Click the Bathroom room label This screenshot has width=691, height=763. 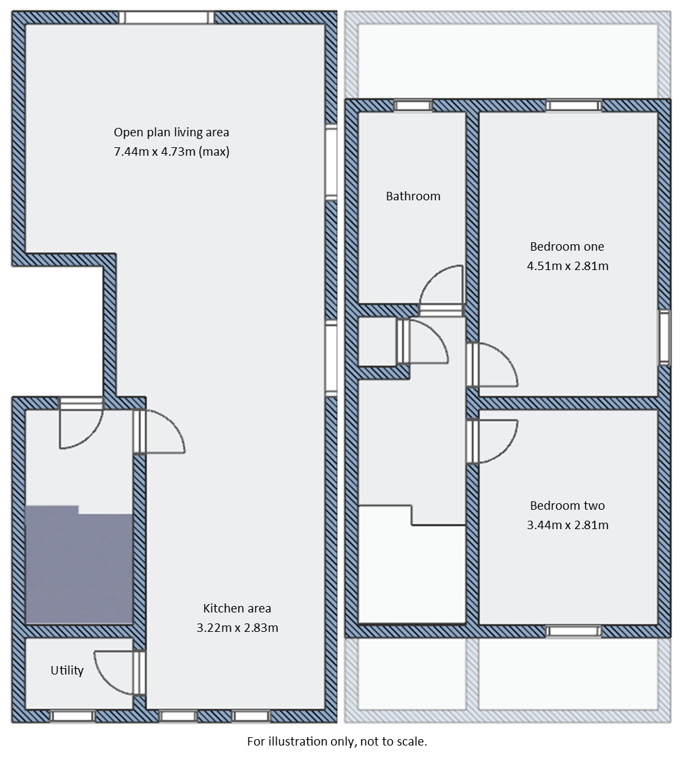coord(413,196)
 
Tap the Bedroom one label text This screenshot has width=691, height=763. coord(567,246)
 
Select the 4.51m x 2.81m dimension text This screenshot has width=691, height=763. coord(568,266)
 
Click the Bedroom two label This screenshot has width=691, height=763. coord(567,506)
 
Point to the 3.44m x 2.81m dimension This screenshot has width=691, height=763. coord(568,525)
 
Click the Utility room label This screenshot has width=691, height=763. coord(67,671)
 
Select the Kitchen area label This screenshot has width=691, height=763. coord(237,608)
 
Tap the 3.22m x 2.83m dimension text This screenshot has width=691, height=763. coord(237,627)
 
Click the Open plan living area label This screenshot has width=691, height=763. coord(171,132)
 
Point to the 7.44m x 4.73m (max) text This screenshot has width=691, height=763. coord(171,152)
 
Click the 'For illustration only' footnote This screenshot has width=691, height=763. coord(337,741)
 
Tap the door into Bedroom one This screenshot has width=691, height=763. coord(494,364)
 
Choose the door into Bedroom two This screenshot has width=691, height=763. coord(494,441)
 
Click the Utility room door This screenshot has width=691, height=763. coord(116,673)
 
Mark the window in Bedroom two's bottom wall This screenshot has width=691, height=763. coord(573,631)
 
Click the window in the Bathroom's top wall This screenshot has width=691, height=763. coord(413,105)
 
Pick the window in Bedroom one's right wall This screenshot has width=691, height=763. coord(664,337)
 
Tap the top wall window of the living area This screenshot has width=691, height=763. coord(166,17)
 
